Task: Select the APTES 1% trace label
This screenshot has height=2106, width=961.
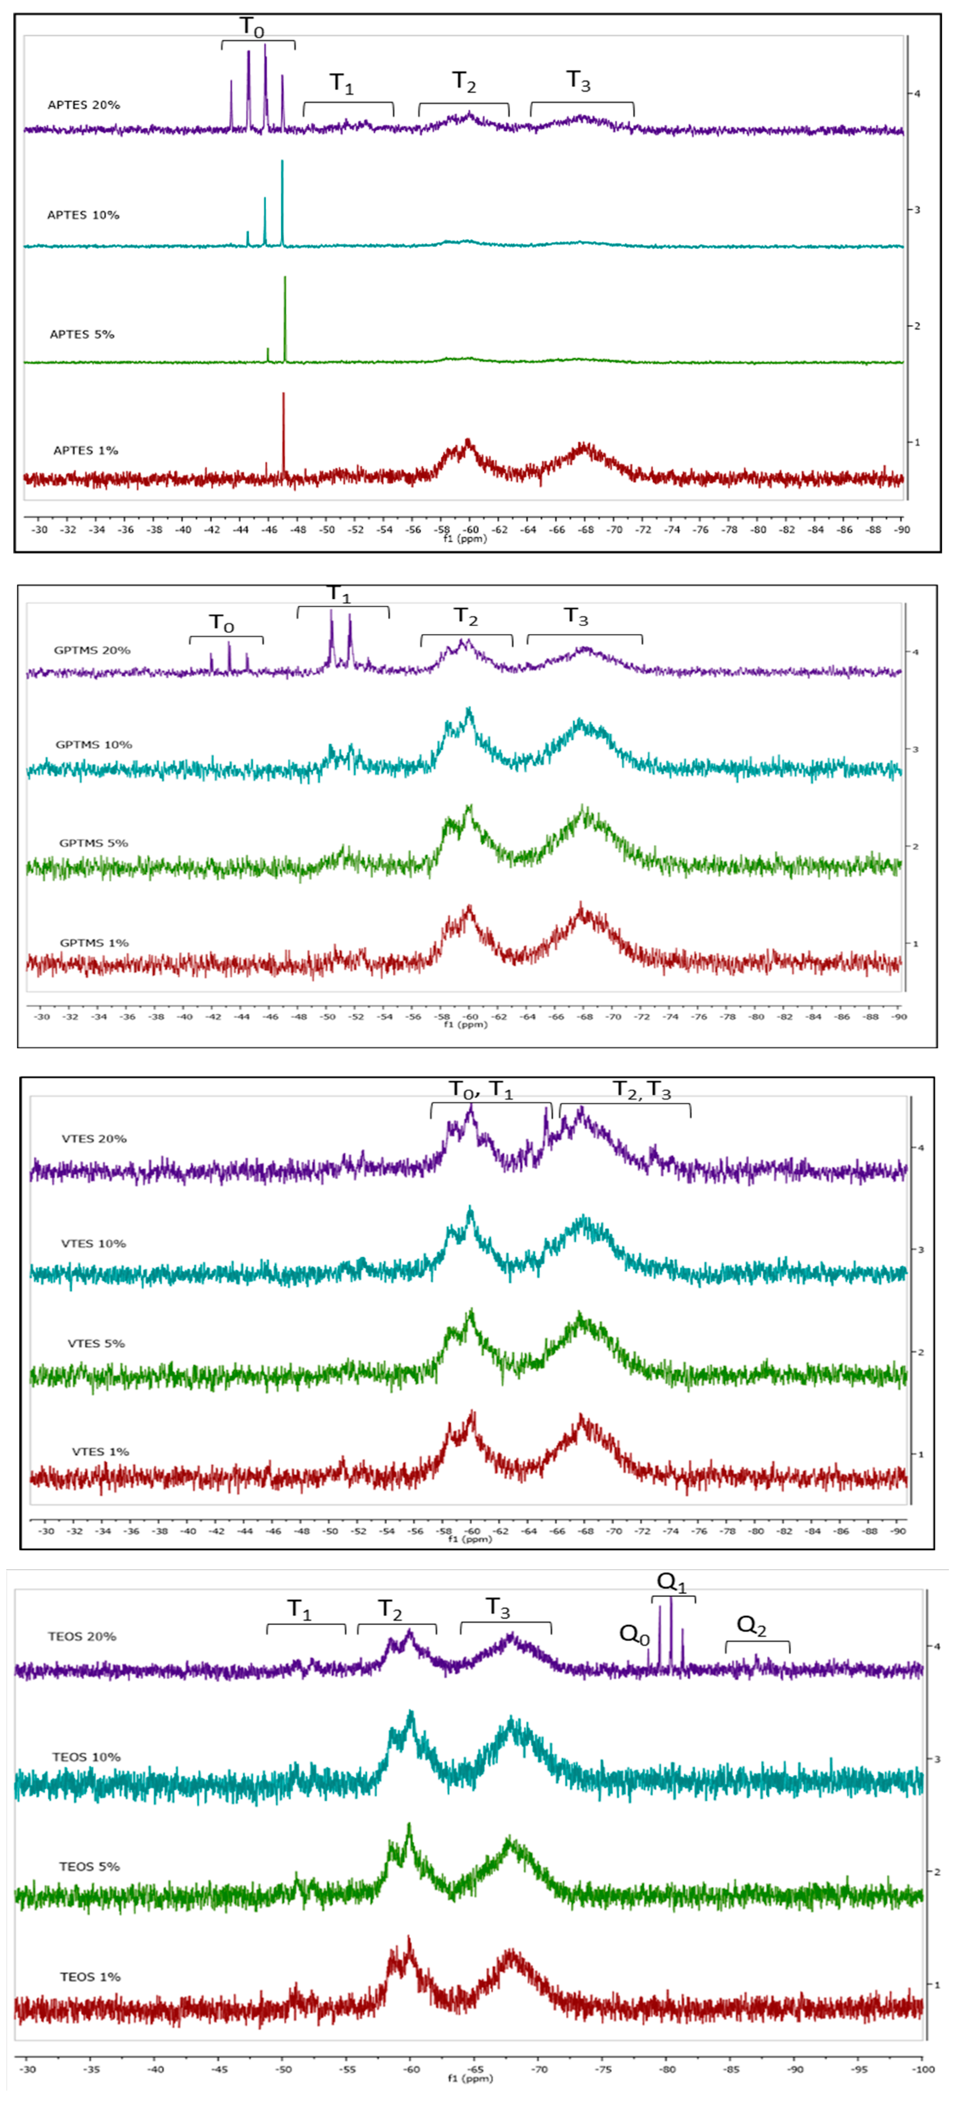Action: (86, 451)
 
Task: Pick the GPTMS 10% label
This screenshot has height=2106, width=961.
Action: (94, 745)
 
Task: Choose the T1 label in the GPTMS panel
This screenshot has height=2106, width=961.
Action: (338, 594)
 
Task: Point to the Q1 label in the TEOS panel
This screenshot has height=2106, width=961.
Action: (672, 1583)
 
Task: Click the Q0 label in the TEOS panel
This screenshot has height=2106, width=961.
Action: (634, 1635)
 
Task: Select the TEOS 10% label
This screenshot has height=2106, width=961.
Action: (87, 1757)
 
